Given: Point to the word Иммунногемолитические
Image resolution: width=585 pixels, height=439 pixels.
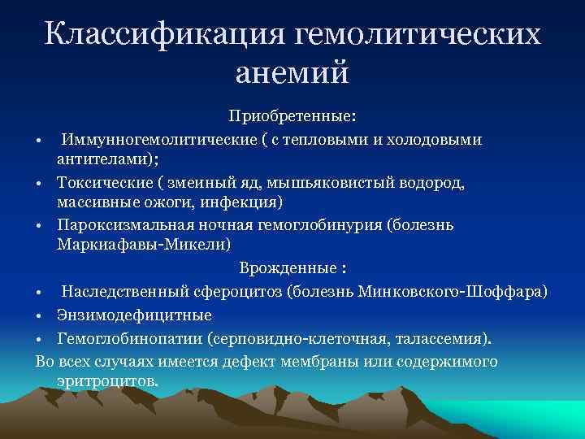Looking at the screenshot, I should pos(154,140).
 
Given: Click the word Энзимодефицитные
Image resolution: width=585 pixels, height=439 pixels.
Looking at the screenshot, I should pos(135,315).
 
